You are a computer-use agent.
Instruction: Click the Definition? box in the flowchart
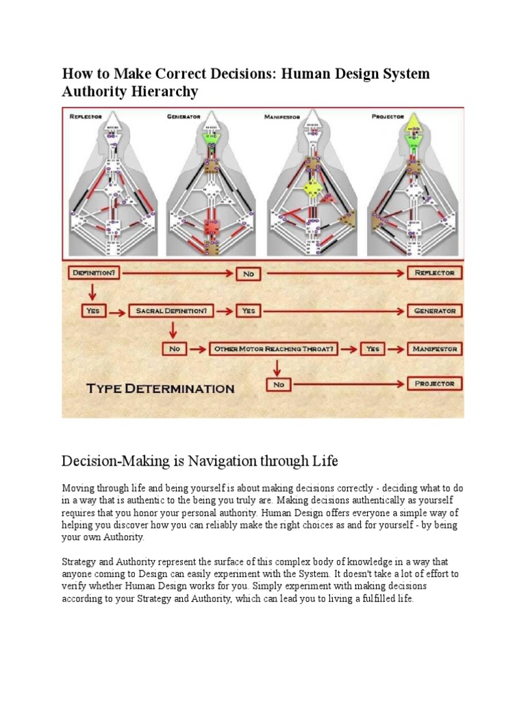pyautogui.click(x=94, y=272)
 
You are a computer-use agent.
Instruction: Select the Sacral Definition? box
pyautogui.click(x=171, y=311)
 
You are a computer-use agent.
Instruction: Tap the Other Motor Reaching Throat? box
pyautogui.click(x=274, y=349)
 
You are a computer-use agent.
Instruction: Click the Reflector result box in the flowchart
pyautogui.click(x=435, y=272)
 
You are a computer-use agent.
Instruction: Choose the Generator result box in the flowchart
pyautogui.click(x=435, y=311)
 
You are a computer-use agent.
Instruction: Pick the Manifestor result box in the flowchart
pyautogui.click(x=435, y=349)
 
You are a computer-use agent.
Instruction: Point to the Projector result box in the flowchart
pyautogui.click(x=435, y=384)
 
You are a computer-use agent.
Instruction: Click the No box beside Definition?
pyautogui.click(x=248, y=273)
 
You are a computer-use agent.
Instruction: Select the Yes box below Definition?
pyautogui.click(x=93, y=311)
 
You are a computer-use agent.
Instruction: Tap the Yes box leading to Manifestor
pyautogui.click(x=372, y=349)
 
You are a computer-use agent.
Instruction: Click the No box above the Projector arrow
pyautogui.click(x=279, y=385)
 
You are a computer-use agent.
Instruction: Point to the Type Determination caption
pyautogui.click(x=160, y=389)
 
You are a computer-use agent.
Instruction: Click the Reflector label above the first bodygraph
pyautogui.click(x=86, y=117)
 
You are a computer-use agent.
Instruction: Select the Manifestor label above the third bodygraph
pyautogui.click(x=282, y=117)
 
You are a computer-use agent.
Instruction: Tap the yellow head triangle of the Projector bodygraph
pyautogui.click(x=412, y=127)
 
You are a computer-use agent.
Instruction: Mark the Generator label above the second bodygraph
pyautogui.click(x=184, y=117)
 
